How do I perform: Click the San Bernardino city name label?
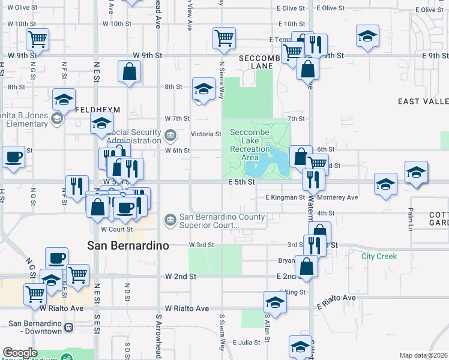click(128, 245)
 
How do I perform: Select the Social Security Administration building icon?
click(170, 134)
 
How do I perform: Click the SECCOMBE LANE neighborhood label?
click(260, 62)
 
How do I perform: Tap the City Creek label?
click(379, 256)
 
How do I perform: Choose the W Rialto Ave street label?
click(188, 308)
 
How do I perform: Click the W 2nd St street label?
click(181, 277)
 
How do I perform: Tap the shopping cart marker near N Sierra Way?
click(224, 38)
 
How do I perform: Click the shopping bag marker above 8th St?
click(130, 72)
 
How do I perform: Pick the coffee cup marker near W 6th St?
click(13, 157)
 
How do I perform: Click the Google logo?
click(19, 353)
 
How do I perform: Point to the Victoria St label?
click(206, 134)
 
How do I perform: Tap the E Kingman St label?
click(285, 197)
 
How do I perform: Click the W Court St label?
click(116, 229)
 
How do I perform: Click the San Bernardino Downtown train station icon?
click(68, 328)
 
